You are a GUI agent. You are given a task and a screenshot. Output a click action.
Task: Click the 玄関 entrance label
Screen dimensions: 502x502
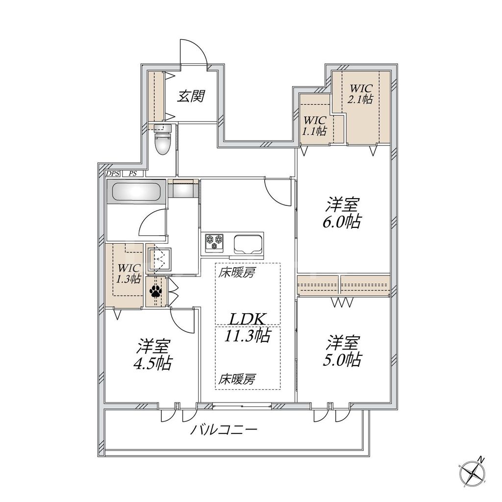coord(191,96)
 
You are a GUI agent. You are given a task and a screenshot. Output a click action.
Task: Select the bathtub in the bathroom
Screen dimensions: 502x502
coord(136,191)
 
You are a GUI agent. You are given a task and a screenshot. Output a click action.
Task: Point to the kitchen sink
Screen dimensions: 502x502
coord(248,243)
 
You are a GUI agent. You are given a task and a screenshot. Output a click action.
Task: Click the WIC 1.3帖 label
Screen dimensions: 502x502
coord(128,274)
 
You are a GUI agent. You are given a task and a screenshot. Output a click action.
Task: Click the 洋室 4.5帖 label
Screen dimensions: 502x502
coord(153,354)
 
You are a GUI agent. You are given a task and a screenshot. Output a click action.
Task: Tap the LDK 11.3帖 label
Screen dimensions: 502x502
coord(248,327)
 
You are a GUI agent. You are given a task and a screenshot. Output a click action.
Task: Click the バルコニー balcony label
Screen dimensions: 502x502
coord(224,431)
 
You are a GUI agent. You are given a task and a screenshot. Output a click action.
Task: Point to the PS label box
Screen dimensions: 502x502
coord(132,174)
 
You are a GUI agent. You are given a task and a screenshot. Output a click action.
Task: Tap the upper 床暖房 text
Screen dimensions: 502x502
coord(237,273)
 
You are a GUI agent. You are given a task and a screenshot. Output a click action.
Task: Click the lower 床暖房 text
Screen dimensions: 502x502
coord(237,378)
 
